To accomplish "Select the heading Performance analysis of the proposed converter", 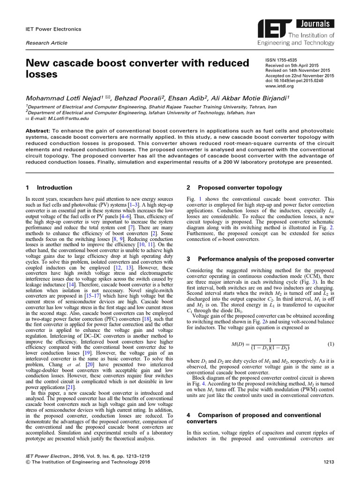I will click(266, 259).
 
